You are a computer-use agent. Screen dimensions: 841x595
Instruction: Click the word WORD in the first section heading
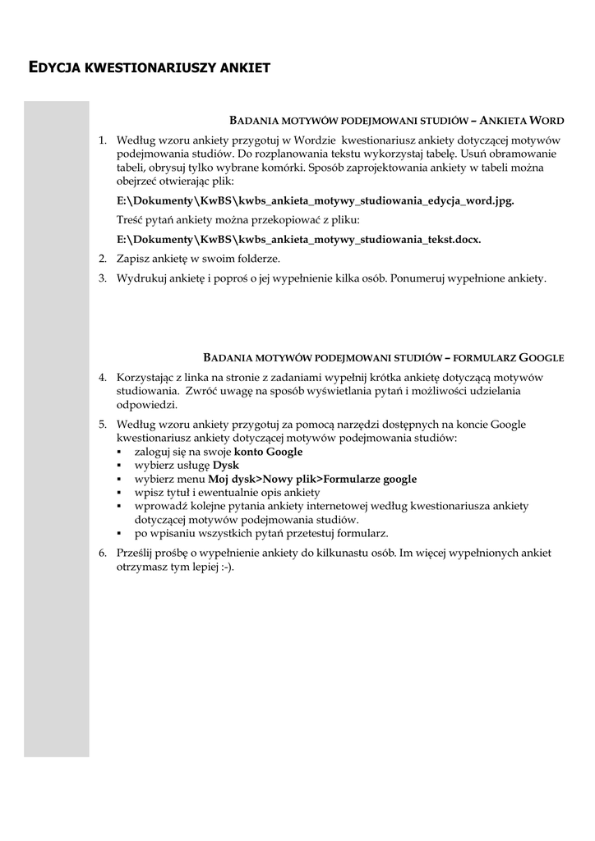pos(547,120)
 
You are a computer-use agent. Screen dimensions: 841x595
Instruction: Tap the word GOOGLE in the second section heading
pos(542,357)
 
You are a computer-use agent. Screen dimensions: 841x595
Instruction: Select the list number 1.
pos(103,140)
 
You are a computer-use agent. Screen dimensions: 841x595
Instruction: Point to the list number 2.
pos(103,259)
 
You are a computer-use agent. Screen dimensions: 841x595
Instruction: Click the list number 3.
pos(103,278)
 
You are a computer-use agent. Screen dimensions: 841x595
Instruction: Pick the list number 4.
pos(103,378)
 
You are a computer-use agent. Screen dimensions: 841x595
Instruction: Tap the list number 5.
pos(103,425)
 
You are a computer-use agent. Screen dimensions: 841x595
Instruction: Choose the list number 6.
pos(103,553)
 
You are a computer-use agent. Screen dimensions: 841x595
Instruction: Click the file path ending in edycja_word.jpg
pos(316,200)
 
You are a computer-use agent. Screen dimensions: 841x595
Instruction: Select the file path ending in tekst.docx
pos(299,240)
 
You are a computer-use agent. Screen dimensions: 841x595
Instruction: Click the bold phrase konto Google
pos(268,452)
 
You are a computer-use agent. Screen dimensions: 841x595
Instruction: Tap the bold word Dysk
pos(225,465)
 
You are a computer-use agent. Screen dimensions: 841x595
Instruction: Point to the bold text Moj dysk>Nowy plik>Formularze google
pos(311,479)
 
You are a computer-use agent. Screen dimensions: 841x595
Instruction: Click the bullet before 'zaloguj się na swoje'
pos(120,452)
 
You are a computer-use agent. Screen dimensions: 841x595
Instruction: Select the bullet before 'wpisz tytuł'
pos(120,492)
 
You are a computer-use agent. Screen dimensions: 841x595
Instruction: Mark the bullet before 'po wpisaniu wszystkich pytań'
pos(120,532)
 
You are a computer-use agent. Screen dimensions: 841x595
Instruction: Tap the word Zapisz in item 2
pos(133,259)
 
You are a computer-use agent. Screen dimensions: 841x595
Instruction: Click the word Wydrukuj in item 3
pos(141,278)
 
